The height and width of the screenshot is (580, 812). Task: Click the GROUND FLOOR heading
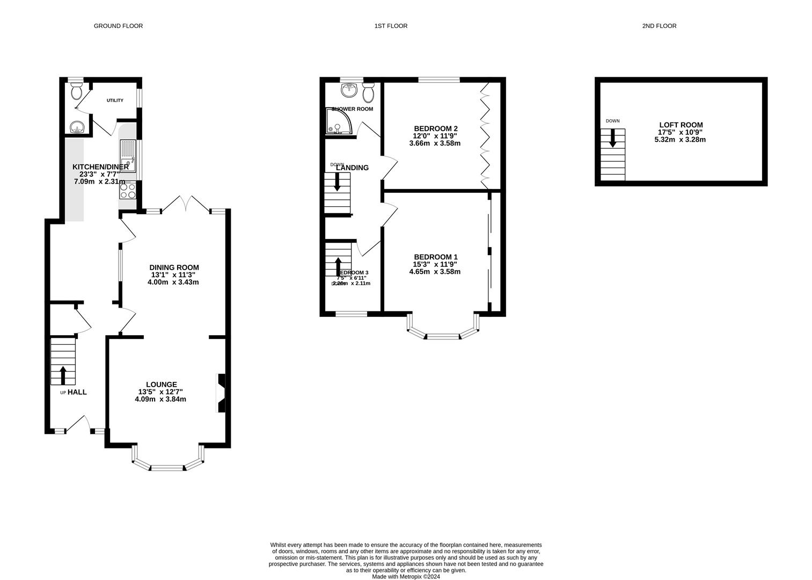click(118, 26)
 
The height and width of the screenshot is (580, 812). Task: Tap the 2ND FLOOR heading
click(659, 26)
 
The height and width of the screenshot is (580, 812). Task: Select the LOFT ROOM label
click(680, 125)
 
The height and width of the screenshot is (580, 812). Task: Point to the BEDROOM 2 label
click(435, 128)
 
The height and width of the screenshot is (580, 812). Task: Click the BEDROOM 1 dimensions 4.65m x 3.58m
click(435, 272)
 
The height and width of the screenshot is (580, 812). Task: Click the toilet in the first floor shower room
click(368, 93)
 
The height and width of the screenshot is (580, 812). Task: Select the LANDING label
click(352, 168)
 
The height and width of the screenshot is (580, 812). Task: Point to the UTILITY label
click(115, 100)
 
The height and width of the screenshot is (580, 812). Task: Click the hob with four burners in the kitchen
click(128, 192)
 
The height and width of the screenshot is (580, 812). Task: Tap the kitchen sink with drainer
click(128, 156)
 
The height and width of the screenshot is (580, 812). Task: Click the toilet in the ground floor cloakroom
click(76, 91)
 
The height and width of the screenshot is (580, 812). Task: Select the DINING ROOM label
click(174, 267)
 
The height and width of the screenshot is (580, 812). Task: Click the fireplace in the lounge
click(221, 393)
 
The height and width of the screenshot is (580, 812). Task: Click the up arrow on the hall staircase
click(63, 375)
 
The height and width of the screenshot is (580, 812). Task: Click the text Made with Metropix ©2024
click(406, 577)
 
